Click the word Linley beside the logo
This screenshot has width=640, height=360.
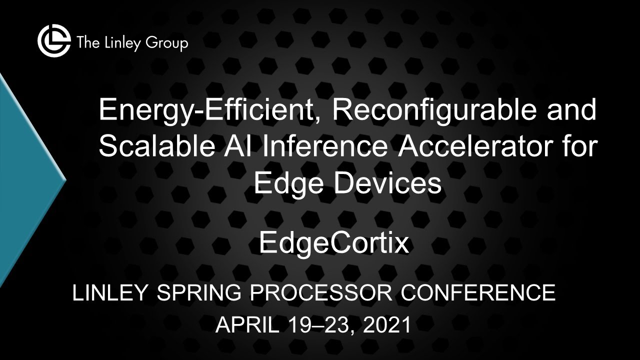(x=118, y=43)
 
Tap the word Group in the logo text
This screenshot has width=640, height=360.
(x=167, y=44)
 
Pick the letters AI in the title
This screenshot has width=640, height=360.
(x=252, y=147)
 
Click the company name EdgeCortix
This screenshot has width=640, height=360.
(x=334, y=243)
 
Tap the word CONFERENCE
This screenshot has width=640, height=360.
(x=478, y=293)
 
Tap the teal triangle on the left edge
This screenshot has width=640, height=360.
(x=25, y=180)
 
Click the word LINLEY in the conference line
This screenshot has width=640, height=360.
(x=110, y=293)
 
